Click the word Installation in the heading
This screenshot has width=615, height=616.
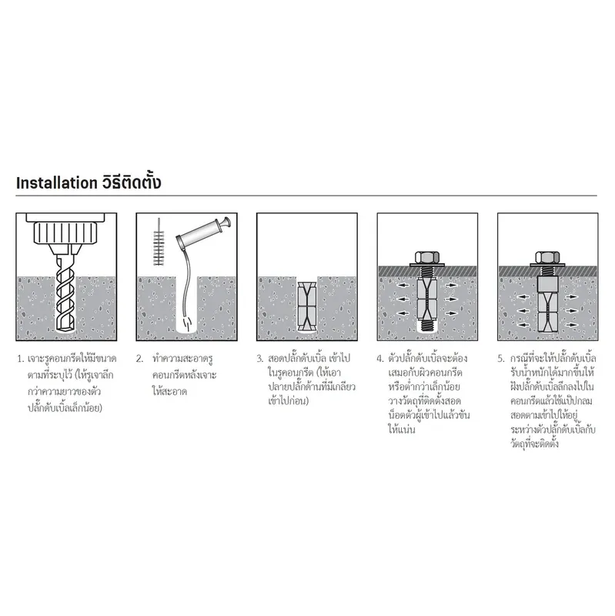[56, 183]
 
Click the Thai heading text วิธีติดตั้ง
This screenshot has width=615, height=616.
[132, 182]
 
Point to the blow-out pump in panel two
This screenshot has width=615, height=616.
[203, 232]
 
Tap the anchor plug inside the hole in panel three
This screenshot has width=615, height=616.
[306, 306]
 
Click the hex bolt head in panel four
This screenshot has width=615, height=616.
[427, 257]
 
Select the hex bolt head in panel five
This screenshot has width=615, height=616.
[547, 257]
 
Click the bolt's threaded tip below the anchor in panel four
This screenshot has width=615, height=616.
[427, 325]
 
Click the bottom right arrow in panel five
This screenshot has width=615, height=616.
[571, 324]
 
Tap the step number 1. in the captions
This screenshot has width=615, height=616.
[21, 359]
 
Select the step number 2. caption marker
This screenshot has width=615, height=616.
[140, 359]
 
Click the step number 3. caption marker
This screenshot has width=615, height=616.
[260, 359]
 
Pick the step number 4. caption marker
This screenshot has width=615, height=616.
[379, 359]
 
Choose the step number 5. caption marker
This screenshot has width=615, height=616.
[501, 359]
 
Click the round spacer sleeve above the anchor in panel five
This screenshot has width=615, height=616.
[547, 283]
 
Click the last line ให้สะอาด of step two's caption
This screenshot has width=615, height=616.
[169, 391]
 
